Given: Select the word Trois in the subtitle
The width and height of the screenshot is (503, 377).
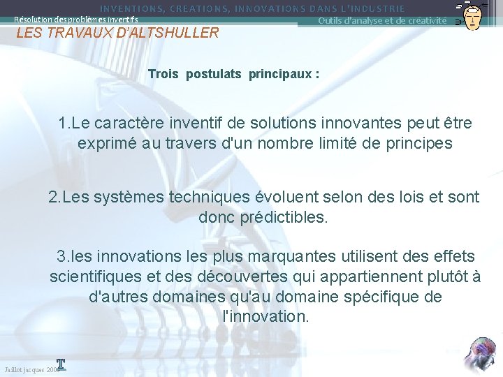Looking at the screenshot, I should pyautogui.click(x=164, y=73).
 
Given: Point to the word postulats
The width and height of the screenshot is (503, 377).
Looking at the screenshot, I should pyautogui.click(x=214, y=73).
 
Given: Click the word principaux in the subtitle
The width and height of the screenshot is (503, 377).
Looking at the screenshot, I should pyautogui.click(x=280, y=73).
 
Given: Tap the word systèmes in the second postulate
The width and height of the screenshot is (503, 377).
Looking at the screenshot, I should pyautogui.click(x=132, y=197).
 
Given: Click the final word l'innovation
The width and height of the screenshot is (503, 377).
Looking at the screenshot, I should pyautogui.click(x=264, y=316).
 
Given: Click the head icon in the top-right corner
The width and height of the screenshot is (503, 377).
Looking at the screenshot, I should pyautogui.click(x=472, y=15).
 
